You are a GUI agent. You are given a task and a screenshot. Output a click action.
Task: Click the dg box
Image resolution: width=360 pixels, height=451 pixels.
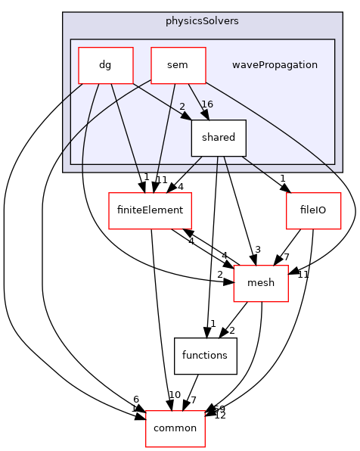click(x=106, y=65)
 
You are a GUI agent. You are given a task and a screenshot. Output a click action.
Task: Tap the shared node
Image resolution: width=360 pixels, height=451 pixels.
click(x=218, y=138)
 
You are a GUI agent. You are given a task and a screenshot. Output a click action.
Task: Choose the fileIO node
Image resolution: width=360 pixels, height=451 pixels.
click(x=313, y=211)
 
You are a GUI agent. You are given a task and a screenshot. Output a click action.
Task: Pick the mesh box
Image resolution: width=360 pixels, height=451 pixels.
click(x=261, y=284)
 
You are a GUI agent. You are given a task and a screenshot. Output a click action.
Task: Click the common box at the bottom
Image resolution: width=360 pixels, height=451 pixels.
click(x=175, y=428)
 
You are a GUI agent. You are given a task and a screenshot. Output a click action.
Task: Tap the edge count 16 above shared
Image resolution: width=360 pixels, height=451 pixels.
click(x=208, y=104)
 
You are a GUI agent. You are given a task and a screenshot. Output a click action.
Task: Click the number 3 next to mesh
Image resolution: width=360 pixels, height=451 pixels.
click(x=258, y=250)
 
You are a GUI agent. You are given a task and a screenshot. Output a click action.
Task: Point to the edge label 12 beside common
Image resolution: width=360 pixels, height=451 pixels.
click(x=220, y=415)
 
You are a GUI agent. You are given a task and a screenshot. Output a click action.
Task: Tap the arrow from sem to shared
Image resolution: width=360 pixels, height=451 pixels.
click(x=196, y=101)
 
